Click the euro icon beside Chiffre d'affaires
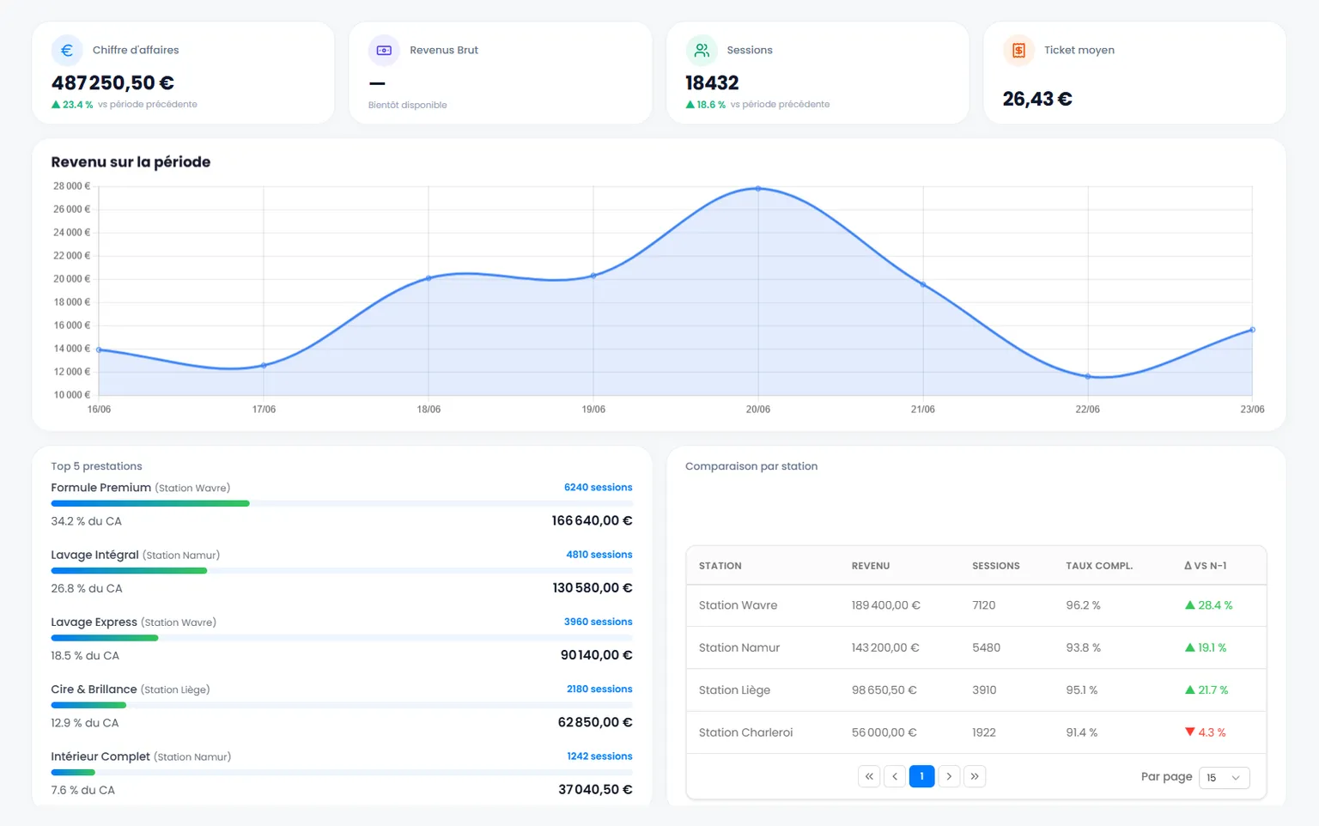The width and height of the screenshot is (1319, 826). pyautogui.click(x=66, y=50)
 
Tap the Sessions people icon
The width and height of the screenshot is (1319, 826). pyautogui.click(x=702, y=50)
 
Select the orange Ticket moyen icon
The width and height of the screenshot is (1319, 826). pyautogui.click(x=1018, y=50)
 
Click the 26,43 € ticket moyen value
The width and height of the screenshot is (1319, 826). pyautogui.click(x=1037, y=99)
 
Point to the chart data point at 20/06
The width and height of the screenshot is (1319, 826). pyautogui.click(x=758, y=188)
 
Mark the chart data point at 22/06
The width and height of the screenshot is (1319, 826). pyautogui.click(x=1088, y=376)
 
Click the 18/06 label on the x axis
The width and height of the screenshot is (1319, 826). pyautogui.click(x=429, y=410)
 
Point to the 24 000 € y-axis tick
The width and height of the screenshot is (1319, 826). pyautogui.click(x=72, y=232)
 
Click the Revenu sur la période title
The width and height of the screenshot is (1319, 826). pyautogui.click(x=131, y=162)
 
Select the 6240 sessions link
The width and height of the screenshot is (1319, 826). pyautogui.click(x=598, y=487)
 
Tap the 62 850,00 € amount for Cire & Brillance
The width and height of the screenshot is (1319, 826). pyautogui.click(x=595, y=722)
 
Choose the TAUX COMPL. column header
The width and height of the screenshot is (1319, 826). pyautogui.click(x=1099, y=566)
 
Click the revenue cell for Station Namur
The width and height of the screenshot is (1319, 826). pyautogui.click(x=885, y=647)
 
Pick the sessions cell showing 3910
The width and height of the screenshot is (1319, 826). pyautogui.click(x=984, y=690)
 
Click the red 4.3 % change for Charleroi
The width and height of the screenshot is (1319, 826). pyautogui.click(x=1206, y=732)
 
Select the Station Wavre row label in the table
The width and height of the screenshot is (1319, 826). pyautogui.click(x=738, y=605)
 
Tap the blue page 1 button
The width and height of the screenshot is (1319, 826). pyautogui.click(x=921, y=776)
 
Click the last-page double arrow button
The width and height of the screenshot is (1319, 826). pyautogui.click(x=975, y=776)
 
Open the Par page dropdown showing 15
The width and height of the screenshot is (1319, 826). pyautogui.click(x=1224, y=777)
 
